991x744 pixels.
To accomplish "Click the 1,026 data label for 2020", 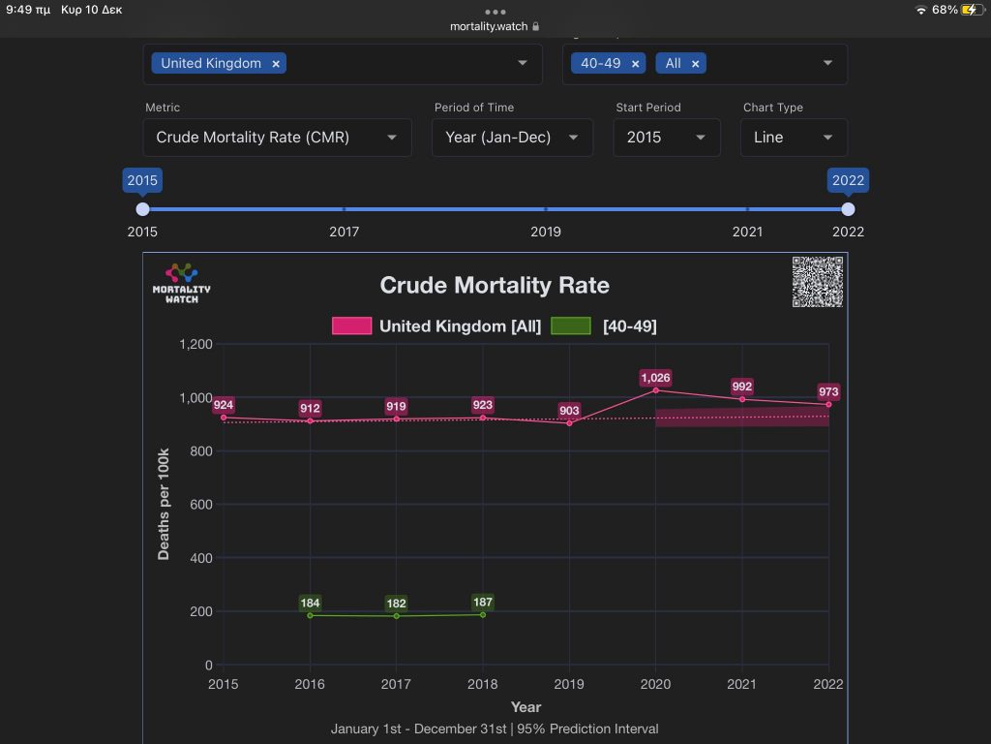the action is (655, 378).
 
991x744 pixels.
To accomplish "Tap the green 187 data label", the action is (483, 603).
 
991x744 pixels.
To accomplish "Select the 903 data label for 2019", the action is (569, 410).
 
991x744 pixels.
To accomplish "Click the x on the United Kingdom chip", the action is (276, 63).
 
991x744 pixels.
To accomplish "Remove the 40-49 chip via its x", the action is (635, 63).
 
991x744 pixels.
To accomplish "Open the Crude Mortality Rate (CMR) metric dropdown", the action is (278, 138).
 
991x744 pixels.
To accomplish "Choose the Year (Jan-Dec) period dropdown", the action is (512, 138).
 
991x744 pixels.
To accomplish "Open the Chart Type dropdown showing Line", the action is (794, 138).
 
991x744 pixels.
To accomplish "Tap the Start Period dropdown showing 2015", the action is (667, 138).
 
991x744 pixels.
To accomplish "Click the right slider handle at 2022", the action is (848, 209).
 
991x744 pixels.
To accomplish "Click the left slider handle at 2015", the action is (143, 209).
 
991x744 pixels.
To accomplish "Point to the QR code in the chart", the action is (817, 282).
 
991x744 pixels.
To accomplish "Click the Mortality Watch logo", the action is (181, 284).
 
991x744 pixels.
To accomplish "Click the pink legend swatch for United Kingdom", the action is (352, 325).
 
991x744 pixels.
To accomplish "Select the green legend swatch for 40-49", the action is (571, 325).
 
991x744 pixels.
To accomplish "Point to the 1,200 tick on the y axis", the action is (195, 344).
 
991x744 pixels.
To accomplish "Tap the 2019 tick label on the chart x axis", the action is (569, 684).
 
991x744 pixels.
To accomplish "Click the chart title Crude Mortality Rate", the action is (495, 286).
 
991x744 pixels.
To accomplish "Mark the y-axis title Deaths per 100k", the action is (163, 504).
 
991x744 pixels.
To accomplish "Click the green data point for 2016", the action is (310, 615).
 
